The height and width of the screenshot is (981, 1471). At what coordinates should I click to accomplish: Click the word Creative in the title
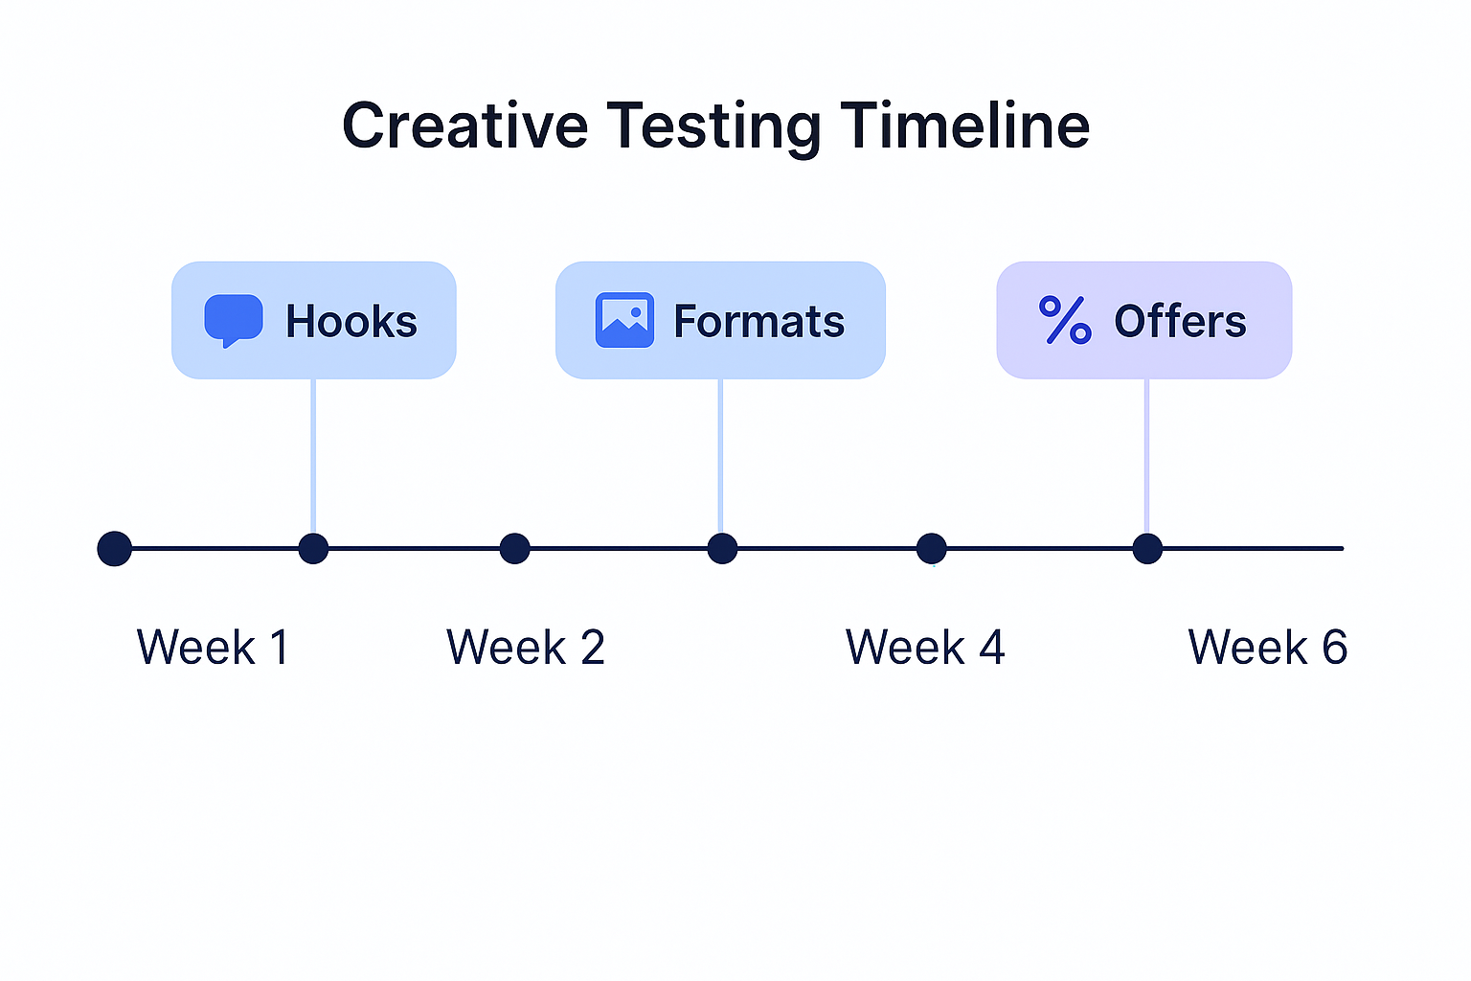pyautogui.click(x=465, y=125)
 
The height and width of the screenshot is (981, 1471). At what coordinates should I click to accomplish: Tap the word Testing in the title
pyautogui.click(x=713, y=127)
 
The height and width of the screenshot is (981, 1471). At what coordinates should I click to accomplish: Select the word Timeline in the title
pyautogui.click(x=965, y=125)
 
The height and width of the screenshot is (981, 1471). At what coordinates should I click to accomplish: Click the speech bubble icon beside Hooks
pyautogui.click(x=234, y=320)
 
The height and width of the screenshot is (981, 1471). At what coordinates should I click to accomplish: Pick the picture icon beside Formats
pyautogui.click(x=624, y=320)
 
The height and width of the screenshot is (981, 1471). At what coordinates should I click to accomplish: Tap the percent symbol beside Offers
pyautogui.click(x=1065, y=320)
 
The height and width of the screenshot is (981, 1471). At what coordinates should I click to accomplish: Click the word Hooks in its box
pyautogui.click(x=351, y=322)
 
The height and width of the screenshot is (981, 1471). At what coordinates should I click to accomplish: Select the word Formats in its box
pyautogui.click(x=758, y=322)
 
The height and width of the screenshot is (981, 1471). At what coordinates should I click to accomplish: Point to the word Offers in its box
pyautogui.click(x=1180, y=322)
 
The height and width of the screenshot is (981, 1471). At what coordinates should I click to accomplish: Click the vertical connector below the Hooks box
pyautogui.click(x=313, y=455)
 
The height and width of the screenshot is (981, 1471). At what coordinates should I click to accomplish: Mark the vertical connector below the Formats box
pyautogui.click(x=720, y=455)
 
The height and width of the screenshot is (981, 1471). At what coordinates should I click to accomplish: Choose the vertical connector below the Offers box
pyautogui.click(x=1146, y=455)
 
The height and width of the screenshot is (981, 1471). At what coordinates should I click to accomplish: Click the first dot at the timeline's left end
pyautogui.click(x=115, y=549)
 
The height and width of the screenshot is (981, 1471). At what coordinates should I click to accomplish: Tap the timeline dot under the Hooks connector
pyautogui.click(x=313, y=549)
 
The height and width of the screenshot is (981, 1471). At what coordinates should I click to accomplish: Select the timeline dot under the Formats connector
pyautogui.click(x=722, y=549)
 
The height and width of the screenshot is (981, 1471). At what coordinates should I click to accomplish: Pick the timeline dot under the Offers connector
pyautogui.click(x=1147, y=549)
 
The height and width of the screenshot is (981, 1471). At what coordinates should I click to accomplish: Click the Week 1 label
pyautogui.click(x=213, y=648)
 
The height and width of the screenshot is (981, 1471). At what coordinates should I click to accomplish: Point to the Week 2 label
pyautogui.click(x=526, y=648)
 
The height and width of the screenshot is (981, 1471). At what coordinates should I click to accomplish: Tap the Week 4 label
pyautogui.click(x=925, y=648)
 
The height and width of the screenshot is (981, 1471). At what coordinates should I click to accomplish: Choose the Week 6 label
pyautogui.click(x=1268, y=648)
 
